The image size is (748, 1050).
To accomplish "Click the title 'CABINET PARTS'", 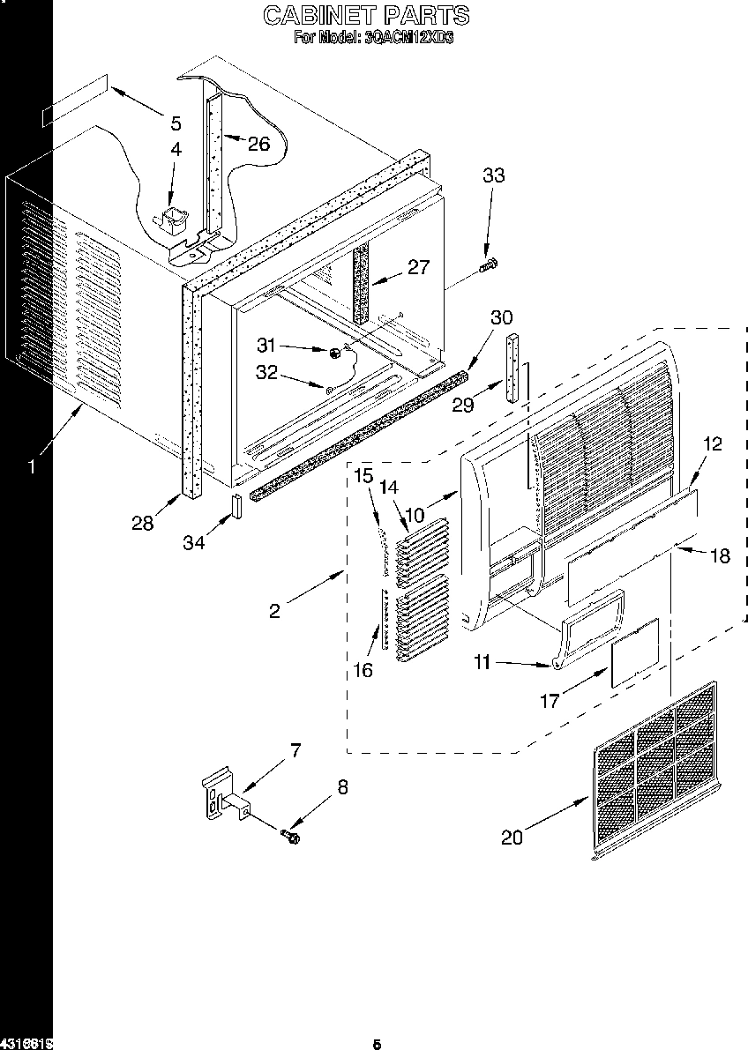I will pos(367,15).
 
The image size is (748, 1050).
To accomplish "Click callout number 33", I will pos(493,175).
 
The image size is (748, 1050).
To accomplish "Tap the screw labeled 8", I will pos(289,835).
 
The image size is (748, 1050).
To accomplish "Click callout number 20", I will pos(512,837).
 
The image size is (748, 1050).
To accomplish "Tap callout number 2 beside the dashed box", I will pos(275,611).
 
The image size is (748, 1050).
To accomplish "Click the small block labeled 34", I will pos(236,508).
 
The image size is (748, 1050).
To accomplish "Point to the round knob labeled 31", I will pos(335,353).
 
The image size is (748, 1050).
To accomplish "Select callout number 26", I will pos(258,144).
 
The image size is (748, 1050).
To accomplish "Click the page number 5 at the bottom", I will pos(376,1045).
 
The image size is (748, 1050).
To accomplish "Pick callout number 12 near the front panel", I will pos(713,444).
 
